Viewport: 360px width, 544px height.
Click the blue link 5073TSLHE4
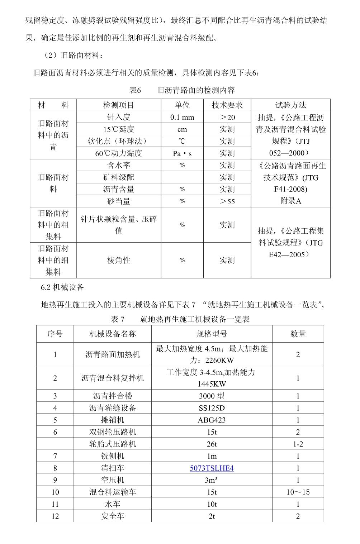pos(212,468)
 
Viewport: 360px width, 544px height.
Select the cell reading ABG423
pos(212,420)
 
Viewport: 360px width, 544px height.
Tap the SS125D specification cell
pos(212,408)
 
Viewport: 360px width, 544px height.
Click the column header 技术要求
pos(227,105)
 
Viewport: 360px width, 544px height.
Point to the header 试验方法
pos(290,105)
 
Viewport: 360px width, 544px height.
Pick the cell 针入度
pos(118,117)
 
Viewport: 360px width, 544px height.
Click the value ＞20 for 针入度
pos(227,117)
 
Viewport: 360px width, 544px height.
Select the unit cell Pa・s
pos(182,153)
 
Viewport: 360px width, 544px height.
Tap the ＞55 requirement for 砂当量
pos(227,201)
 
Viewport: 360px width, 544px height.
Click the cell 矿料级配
pos(118,177)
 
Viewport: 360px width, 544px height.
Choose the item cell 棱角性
pos(118,261)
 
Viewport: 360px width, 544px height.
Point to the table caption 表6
pos(135,90)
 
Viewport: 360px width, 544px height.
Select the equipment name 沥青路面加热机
pos(113,354)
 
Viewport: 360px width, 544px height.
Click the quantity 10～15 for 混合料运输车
pos(298,492)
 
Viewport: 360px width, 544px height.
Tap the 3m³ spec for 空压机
pos(212,480)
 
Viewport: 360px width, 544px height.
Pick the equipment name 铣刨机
pos(113,456)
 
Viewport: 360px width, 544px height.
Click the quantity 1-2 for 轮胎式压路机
pos(298,444)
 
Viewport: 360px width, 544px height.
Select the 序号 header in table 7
pos(55,334)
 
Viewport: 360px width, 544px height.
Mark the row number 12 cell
pos(55,516)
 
